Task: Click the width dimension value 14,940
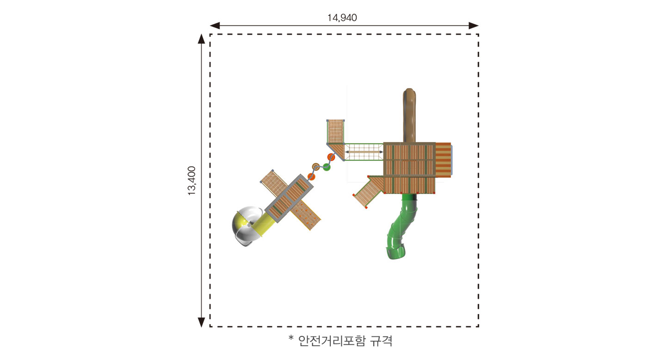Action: click(x=342, y=18)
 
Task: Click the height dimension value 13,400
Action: click(x=192, y=181)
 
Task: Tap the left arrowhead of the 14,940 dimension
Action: click(x=215, y=25)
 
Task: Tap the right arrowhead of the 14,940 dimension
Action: click(x=474, y=25)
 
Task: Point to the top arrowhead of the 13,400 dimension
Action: click(x=202, y=39)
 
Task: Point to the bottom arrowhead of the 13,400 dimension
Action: click(x=202, y=322)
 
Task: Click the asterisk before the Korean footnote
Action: click(x=291, y=338)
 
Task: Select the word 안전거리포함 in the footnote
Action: click(x=331, y=341)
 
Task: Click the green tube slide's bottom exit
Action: click(x=396, y=252)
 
